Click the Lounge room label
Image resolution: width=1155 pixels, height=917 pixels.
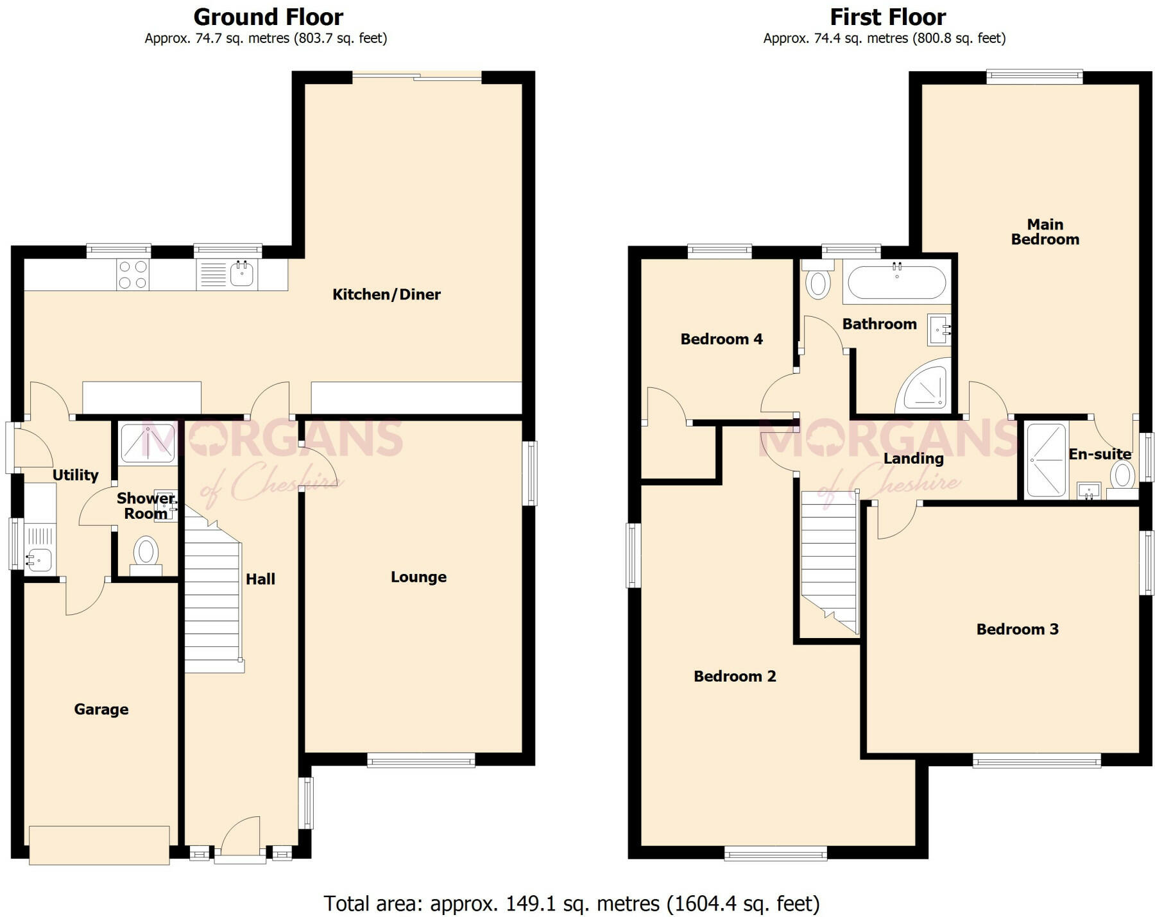[418, 577]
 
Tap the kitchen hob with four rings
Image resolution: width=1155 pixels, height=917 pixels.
[133, 275]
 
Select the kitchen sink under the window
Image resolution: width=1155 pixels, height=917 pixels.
[242, 275]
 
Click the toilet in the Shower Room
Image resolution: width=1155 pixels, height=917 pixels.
[146, 553]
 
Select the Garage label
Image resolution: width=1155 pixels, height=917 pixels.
[101, 709]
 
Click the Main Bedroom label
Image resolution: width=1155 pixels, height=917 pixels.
[1045, 232]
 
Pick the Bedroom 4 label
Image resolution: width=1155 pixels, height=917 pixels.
[721, 339]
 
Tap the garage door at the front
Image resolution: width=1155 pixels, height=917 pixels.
[99, 845]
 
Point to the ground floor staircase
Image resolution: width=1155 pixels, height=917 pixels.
[212, 603]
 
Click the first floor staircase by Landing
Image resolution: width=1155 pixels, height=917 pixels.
[829, 561]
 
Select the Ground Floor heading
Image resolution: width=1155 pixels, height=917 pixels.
[268, 17]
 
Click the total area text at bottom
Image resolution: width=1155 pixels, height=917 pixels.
[571, 904]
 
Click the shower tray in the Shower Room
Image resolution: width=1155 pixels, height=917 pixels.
[148, 443]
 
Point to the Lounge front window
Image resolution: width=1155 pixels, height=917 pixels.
[421, 761]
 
